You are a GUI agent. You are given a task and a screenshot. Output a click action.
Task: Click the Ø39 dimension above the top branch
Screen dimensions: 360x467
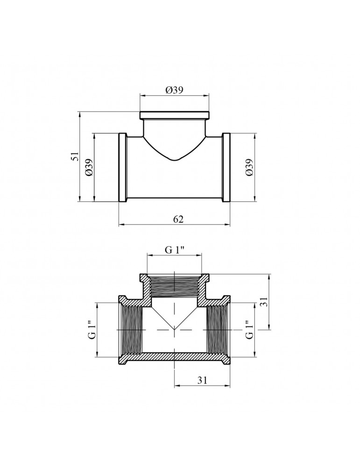(174, 90)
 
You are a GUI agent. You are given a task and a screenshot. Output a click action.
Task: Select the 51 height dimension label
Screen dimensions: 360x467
(76, 156)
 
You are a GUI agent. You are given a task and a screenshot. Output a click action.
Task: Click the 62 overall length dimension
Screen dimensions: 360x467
(178, 219)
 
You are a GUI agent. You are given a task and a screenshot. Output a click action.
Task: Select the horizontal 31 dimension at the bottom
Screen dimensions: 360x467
(202, 380)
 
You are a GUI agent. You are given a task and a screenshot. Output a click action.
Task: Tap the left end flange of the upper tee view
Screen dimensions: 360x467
(123, 167)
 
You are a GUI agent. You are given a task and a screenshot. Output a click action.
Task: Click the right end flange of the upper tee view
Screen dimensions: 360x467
(226, 167)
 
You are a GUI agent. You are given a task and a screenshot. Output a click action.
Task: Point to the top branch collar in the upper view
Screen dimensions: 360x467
(175, 115)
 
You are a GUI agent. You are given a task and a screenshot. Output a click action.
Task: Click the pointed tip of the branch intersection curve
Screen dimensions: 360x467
(175, 161)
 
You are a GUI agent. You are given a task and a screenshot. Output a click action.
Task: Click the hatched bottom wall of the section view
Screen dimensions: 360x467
(175, 356)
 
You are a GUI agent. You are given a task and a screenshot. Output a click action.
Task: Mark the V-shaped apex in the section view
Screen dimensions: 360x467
(175, 330)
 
